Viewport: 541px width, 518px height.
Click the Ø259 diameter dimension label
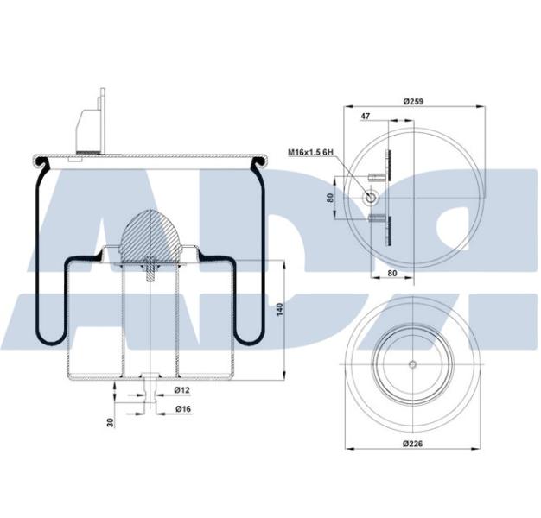(x=411, y=102)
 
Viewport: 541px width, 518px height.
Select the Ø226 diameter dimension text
(x=411, y=444)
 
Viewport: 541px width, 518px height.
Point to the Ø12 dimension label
(x=182, y=391)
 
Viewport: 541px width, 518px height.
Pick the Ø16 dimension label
(x=182, y=408)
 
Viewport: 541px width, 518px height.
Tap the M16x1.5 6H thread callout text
(x=310, y=153)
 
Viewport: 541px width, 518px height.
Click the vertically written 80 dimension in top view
(x=331, y=198)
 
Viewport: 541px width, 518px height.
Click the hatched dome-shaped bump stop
(x=150, y=237)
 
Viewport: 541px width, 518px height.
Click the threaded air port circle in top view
(x=372, y=198)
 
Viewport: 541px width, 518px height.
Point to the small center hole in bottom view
(x=412, y=363)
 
